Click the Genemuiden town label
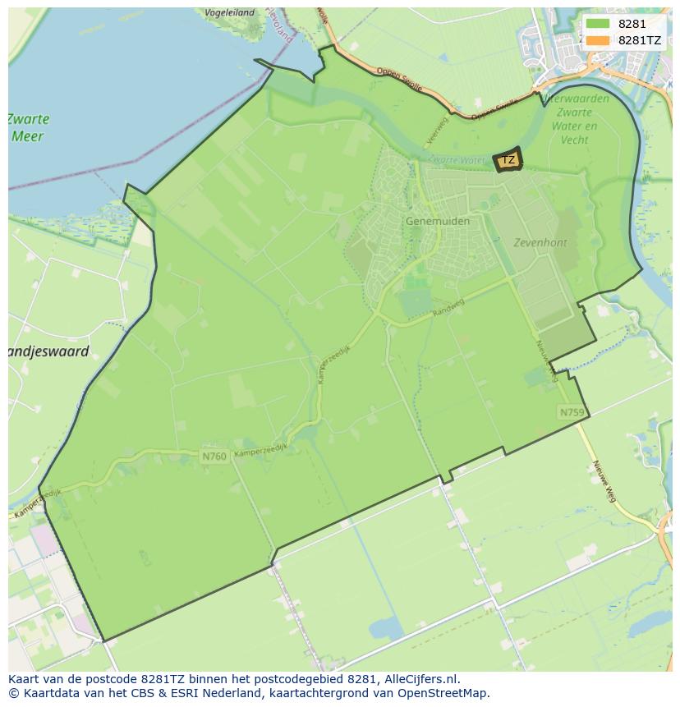[x=438, y=222]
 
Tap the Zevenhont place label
[x=540, y=243]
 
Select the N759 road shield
[x=572, y=411]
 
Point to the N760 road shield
[x=214, y=455]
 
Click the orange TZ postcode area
[x=508, y=160]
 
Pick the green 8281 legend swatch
[x=597, y=25]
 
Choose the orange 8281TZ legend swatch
[x=597, y=40]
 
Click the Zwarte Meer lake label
[x=30, y=127]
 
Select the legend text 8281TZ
[x=641, y=40]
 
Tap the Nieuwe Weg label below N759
[x=604, y=481]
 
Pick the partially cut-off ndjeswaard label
[x=48, y=352]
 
